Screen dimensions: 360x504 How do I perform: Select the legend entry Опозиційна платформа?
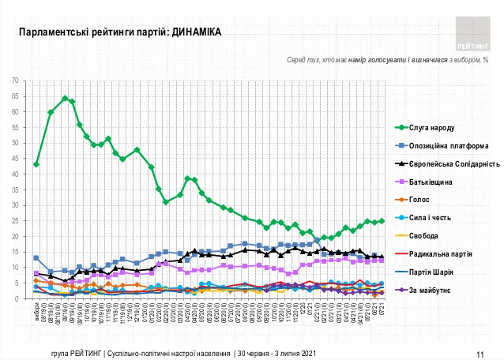point(446,145)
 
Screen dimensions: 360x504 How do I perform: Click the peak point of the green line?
point(65,98)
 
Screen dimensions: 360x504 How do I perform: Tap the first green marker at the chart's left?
point(36,164)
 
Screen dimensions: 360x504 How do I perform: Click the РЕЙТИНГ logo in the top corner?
point(472,29)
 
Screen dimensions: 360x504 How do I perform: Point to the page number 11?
point(480,353)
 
